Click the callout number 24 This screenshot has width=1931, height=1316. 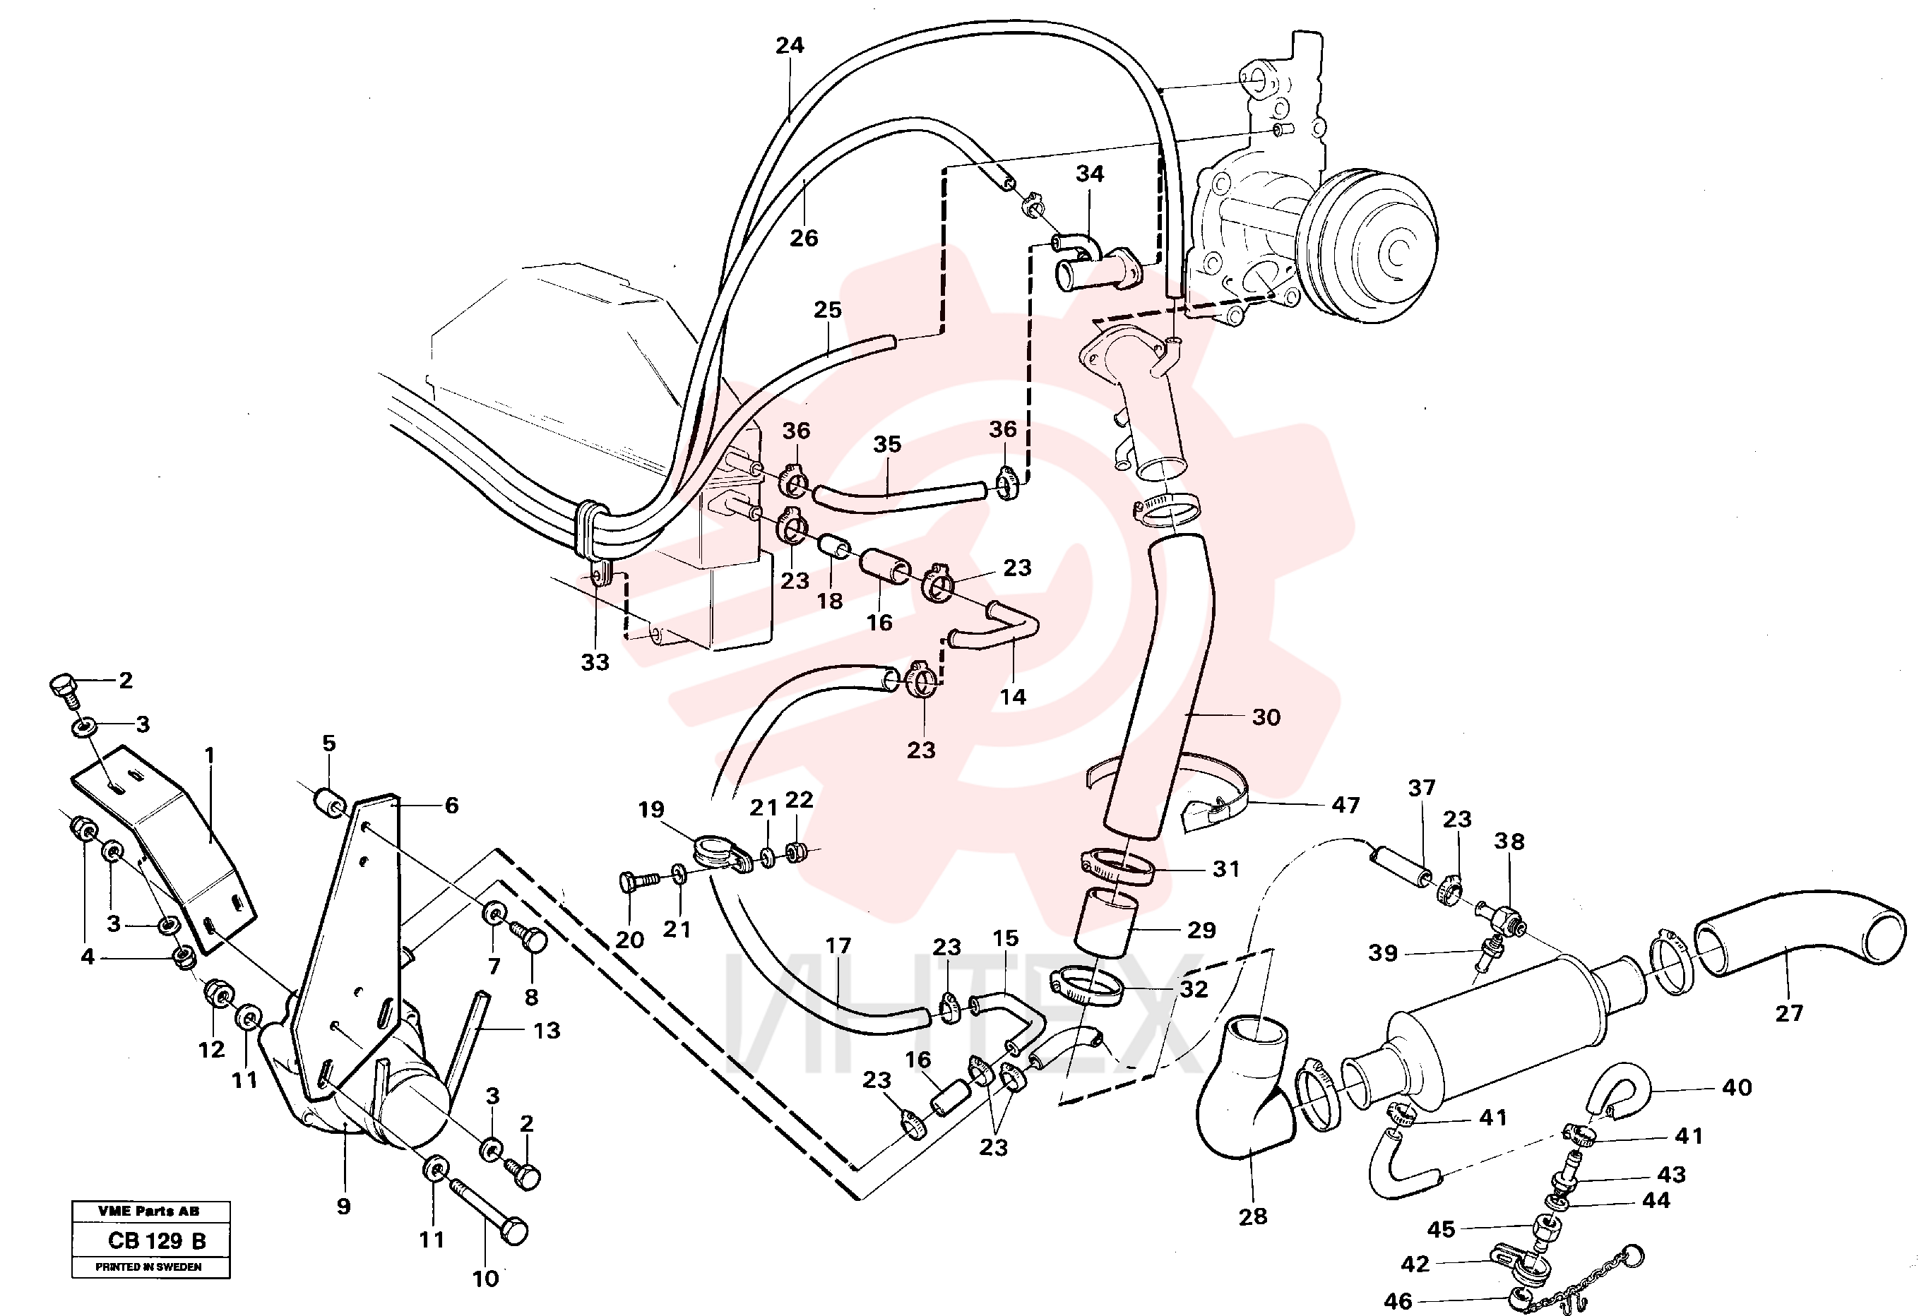click(x=790, y=46)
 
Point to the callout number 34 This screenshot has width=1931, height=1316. click(x=1089, y=174)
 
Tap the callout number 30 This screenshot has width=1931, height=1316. click(x=1266, y=717)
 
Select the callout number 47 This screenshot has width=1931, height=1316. click(x=1345, y=804)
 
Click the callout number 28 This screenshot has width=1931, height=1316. click(x=1252, y=1216)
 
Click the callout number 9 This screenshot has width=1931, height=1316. click(x=343, y=1207)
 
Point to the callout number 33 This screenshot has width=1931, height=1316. click(x=595, y=662)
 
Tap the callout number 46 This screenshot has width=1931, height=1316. click(x=1398, y=1301)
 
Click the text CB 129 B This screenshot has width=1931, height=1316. click(x=156, y=1240)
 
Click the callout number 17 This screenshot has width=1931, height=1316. click(x=838, y=946)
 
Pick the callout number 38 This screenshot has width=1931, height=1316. click(x=1509, y=842)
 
